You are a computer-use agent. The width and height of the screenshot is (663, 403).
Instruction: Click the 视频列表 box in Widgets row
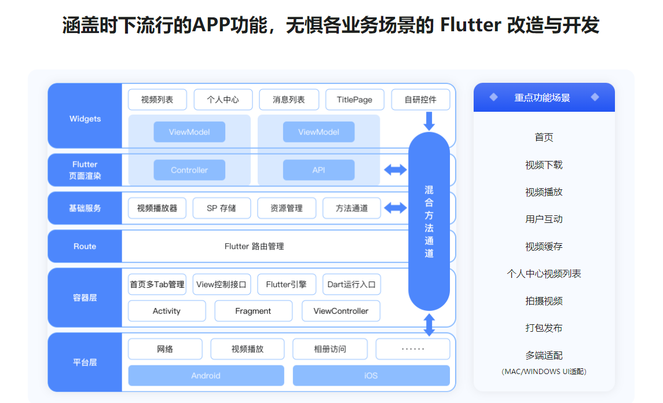tap(157, 100)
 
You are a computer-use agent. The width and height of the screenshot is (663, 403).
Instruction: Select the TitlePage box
tap(354, 100)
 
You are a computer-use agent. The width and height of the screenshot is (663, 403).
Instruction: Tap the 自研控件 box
tap(420, 100)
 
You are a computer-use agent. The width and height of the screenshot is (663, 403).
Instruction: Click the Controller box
tap(189, 170)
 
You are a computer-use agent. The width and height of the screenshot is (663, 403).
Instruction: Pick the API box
tap(318, 170)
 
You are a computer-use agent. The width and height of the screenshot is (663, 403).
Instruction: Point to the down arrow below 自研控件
tap(429, 121)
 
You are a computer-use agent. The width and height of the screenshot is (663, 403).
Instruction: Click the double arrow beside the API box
tap(395, 170)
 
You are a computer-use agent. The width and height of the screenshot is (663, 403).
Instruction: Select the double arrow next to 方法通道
tap(395, 208)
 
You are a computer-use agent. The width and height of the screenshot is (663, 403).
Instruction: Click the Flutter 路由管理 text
tap(254, 246)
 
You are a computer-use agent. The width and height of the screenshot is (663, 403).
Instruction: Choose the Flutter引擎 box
tap(287, 284)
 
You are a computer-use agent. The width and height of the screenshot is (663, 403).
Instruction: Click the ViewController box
tap(341, 311)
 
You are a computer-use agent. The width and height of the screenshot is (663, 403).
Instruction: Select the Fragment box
tap(253, 311)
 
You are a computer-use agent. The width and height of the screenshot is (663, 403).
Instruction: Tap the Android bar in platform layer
tap(206, 375)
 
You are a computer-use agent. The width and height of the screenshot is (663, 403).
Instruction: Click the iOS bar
tap(371, 375)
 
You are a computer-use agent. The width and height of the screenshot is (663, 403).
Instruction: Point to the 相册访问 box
tap(330, 349)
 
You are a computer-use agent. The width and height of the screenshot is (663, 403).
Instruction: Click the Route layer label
tap(85, 246)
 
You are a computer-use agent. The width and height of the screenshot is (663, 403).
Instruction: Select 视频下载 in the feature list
tap(544, 165)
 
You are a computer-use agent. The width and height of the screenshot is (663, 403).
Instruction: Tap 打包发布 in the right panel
tap(544, 328)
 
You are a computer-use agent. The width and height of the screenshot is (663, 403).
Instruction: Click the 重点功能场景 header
tap(544, 98)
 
